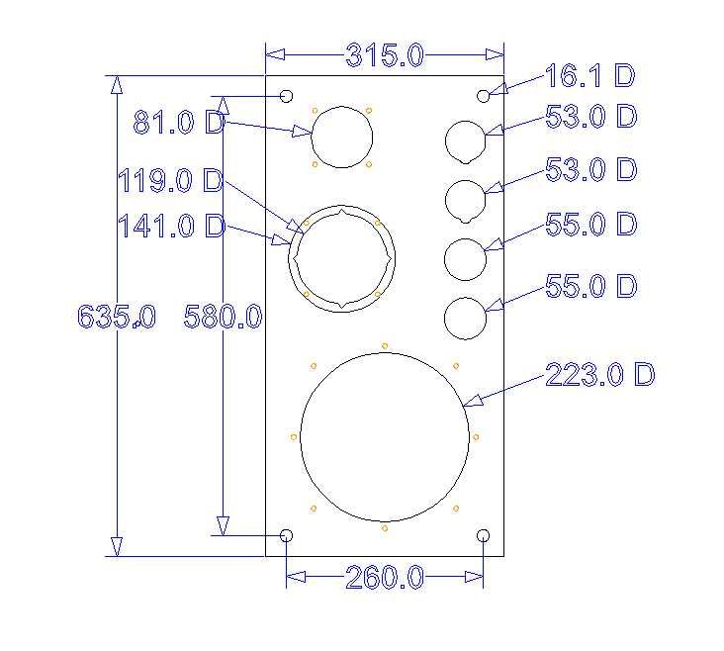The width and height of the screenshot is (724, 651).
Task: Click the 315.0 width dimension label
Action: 385,56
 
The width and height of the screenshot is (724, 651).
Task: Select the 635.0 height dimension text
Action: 116,317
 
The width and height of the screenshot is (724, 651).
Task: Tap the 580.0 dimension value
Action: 224,317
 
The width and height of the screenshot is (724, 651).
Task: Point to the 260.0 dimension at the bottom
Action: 384,578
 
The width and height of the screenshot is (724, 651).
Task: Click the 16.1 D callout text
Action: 589,75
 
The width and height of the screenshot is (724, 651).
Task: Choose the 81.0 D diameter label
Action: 179,124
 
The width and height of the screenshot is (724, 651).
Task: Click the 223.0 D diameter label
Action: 600,375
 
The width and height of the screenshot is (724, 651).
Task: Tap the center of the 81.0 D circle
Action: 342,137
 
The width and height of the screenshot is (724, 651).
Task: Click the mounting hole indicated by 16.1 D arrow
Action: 484,96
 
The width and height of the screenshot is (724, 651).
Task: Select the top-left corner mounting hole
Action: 287,96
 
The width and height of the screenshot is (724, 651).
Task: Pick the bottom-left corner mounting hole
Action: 287,535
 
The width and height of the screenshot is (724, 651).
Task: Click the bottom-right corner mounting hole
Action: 484,535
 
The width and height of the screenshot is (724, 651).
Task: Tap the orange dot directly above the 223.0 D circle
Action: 385,345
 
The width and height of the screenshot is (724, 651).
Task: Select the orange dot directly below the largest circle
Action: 385,528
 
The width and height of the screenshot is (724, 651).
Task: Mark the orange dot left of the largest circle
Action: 294,436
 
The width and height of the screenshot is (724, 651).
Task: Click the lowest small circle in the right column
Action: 465,320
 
